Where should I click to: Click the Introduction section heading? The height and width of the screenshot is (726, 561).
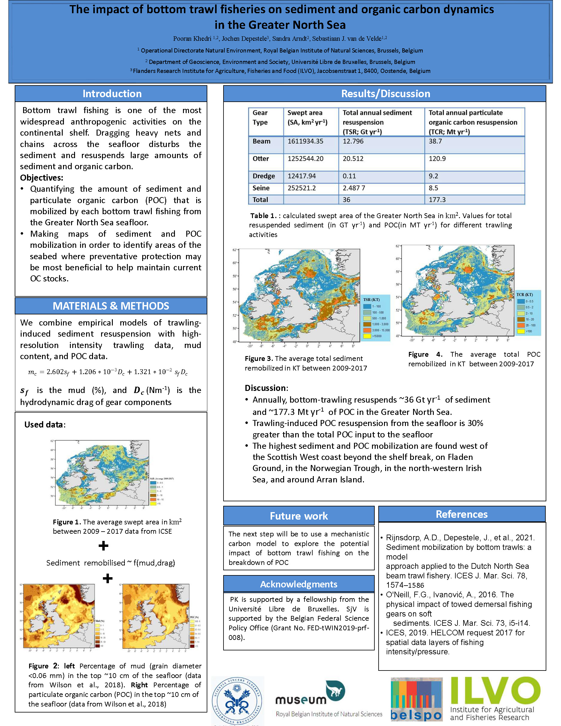click(112, 94)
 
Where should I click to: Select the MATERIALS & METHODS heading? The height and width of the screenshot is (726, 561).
click(111, 306)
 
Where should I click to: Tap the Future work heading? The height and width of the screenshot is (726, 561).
click(298, 516)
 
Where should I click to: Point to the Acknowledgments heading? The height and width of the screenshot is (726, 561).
click(298, 584)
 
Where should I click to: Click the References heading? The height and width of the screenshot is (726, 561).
click(461, 514)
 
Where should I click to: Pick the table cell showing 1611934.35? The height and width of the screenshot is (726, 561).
click(305, 141)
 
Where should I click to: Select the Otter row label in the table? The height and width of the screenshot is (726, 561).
click(261, 159)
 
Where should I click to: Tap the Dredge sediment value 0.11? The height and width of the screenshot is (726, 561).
click(349, 176)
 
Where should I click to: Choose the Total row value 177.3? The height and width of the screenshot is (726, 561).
click(437, 200)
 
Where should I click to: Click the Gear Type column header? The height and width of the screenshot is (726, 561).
click(260, 117)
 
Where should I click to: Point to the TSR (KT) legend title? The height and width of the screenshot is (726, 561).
click(371, 299)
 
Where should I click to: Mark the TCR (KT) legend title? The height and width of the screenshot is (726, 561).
click(524, 295)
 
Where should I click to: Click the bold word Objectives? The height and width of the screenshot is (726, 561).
click(41, 178)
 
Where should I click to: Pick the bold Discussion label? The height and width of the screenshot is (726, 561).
click(266, 388)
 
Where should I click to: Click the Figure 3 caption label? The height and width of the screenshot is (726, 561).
click(259, 358)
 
